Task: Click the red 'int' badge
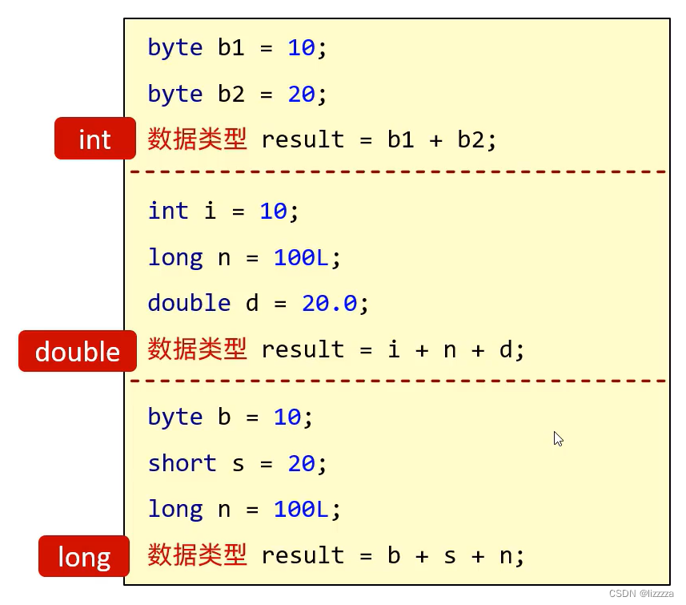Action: [x=95, y=139]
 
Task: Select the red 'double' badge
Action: [x=78, y=351]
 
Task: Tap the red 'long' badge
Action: [x=84, y=556]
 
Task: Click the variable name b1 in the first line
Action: [x=231, y=46]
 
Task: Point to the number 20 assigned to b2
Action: [x=302, y=94]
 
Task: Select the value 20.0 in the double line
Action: [x=330, y=303]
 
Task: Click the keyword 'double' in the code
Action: [x=189, y=303]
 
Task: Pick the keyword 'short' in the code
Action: [x=183, y=463]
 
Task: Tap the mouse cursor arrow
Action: [x=558, y=439]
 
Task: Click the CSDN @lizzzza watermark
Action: [x=641, y=594]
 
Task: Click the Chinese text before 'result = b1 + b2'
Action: [x=197, y=139]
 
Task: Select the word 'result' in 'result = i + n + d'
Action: [x=303, y=349]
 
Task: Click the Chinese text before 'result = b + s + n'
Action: [x=197, y=555]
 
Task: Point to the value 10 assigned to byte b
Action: [x=287, y=417]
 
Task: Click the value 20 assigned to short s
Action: [x=302, y=463]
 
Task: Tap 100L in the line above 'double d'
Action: [x=301, y=257]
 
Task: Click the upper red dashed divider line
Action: [x=398, y=171]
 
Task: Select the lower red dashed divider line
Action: [x=398, y=381]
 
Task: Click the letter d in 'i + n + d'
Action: [x=506, y=349]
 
